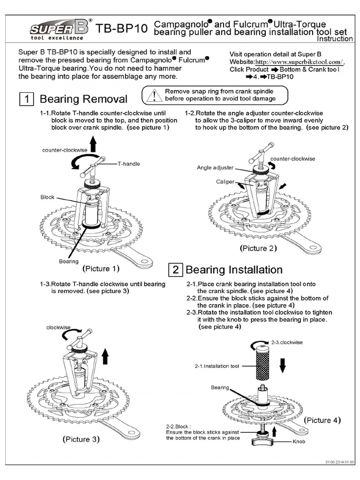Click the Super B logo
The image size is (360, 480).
(x=60, y=28)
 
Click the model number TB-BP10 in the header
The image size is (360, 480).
(x=122, y=30)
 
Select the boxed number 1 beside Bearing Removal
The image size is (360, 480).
(x=26, y=99)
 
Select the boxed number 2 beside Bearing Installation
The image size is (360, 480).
(x=175, y=270)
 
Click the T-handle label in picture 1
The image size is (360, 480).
(x=129, y=164)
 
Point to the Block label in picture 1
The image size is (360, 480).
(x=48, y=197)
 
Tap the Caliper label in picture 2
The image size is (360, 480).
(x=225, y=181)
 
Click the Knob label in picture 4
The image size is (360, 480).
(x=299, y=442)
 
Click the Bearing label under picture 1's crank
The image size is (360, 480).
(x=68, y=261)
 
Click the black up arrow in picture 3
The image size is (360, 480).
(x=105, y=356)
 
